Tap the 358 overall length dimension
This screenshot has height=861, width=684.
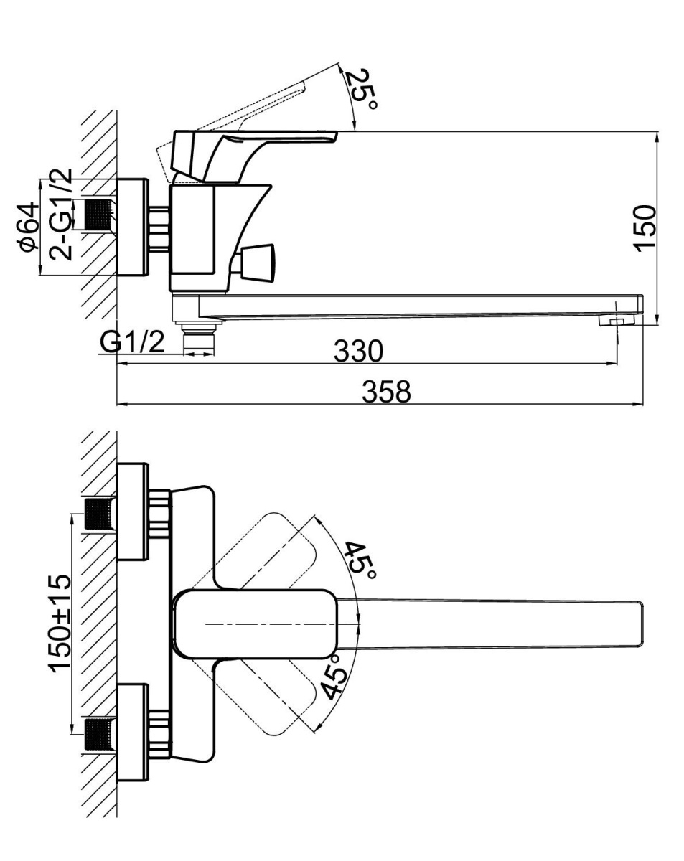pos(386,392)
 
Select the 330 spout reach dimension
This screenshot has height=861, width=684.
pos(358,351)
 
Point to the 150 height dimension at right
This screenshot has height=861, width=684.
pos(645,228)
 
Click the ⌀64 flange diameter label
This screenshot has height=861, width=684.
pos(30,227)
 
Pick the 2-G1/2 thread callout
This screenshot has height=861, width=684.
pos(60,215)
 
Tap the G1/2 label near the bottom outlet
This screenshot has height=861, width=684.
pos(132,342)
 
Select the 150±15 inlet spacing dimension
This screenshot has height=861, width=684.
pos(60,624)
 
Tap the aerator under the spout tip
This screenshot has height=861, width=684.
pos(617,321)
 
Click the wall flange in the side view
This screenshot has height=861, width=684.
pos(133,227)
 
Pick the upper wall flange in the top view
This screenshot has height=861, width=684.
pos(133,512)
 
